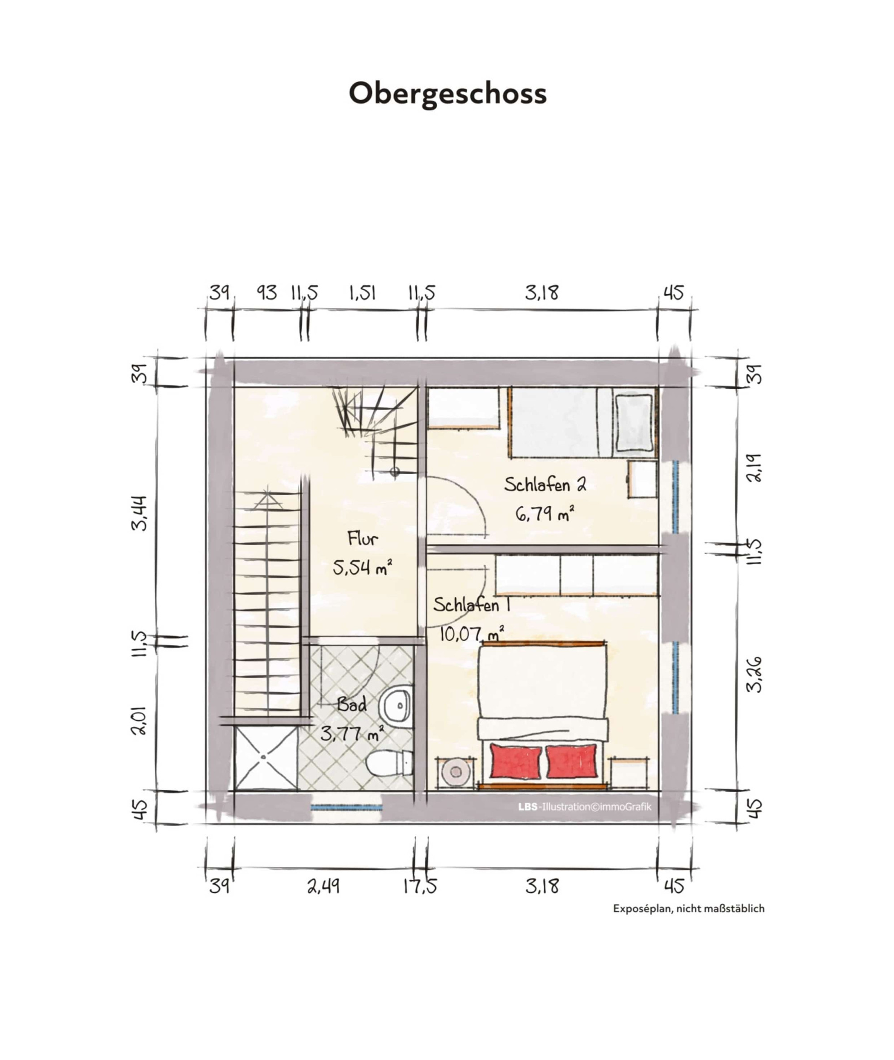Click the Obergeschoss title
[x=447, y=94]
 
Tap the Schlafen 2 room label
[x=545, y=485]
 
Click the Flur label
[x=363, y=538]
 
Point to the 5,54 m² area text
[x=363, y=568]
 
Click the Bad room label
[x=352, y=704]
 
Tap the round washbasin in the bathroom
[x=397, y=705]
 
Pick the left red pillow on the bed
[x=515, y=761]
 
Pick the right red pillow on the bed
[x=571, y=761]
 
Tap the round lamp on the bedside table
[x=455, y=772]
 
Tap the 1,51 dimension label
[x=363, y=293]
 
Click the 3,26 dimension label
[x=755, y=674]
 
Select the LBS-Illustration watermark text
[x=584, y=807]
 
